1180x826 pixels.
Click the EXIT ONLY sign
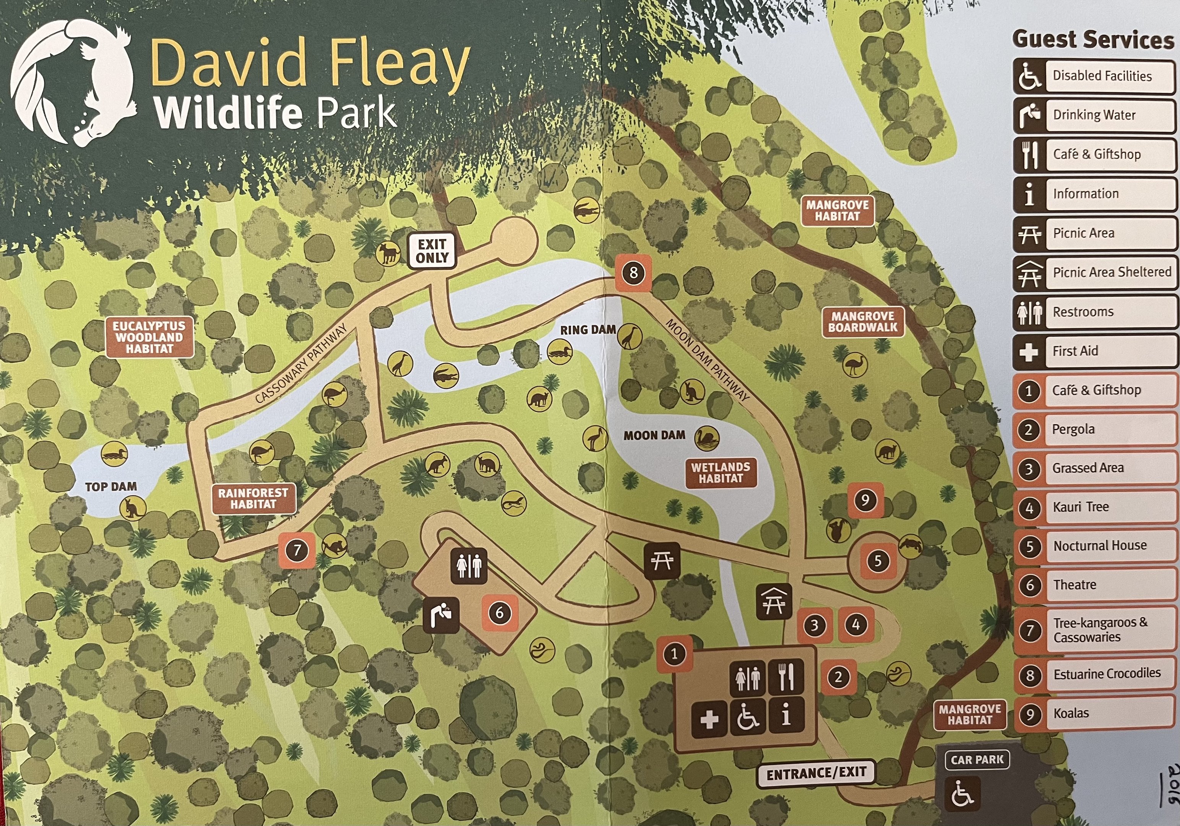432,251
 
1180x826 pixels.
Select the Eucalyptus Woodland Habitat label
149,337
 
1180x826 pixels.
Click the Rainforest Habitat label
253,498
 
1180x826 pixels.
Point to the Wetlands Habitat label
721,472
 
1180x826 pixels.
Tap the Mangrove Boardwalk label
863,322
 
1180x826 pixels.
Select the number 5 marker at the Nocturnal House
878,561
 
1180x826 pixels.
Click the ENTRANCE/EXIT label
816,774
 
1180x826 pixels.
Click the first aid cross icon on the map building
709,719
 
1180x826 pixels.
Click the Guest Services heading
1093,39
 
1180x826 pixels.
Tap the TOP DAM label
111,486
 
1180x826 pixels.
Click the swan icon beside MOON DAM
707,438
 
